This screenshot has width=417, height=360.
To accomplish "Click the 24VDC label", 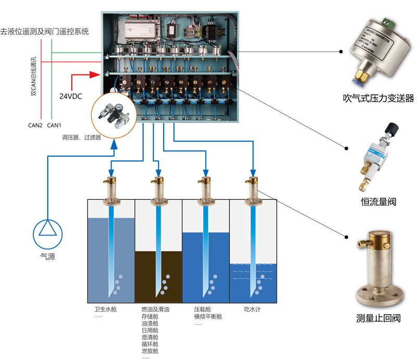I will [70, 96].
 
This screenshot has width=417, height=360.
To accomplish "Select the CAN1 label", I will [54, 125].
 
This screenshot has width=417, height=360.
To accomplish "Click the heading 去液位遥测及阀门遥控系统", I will [45, 31].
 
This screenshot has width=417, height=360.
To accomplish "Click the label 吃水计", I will [252, 309].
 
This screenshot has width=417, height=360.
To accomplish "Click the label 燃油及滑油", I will [155, 309].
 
